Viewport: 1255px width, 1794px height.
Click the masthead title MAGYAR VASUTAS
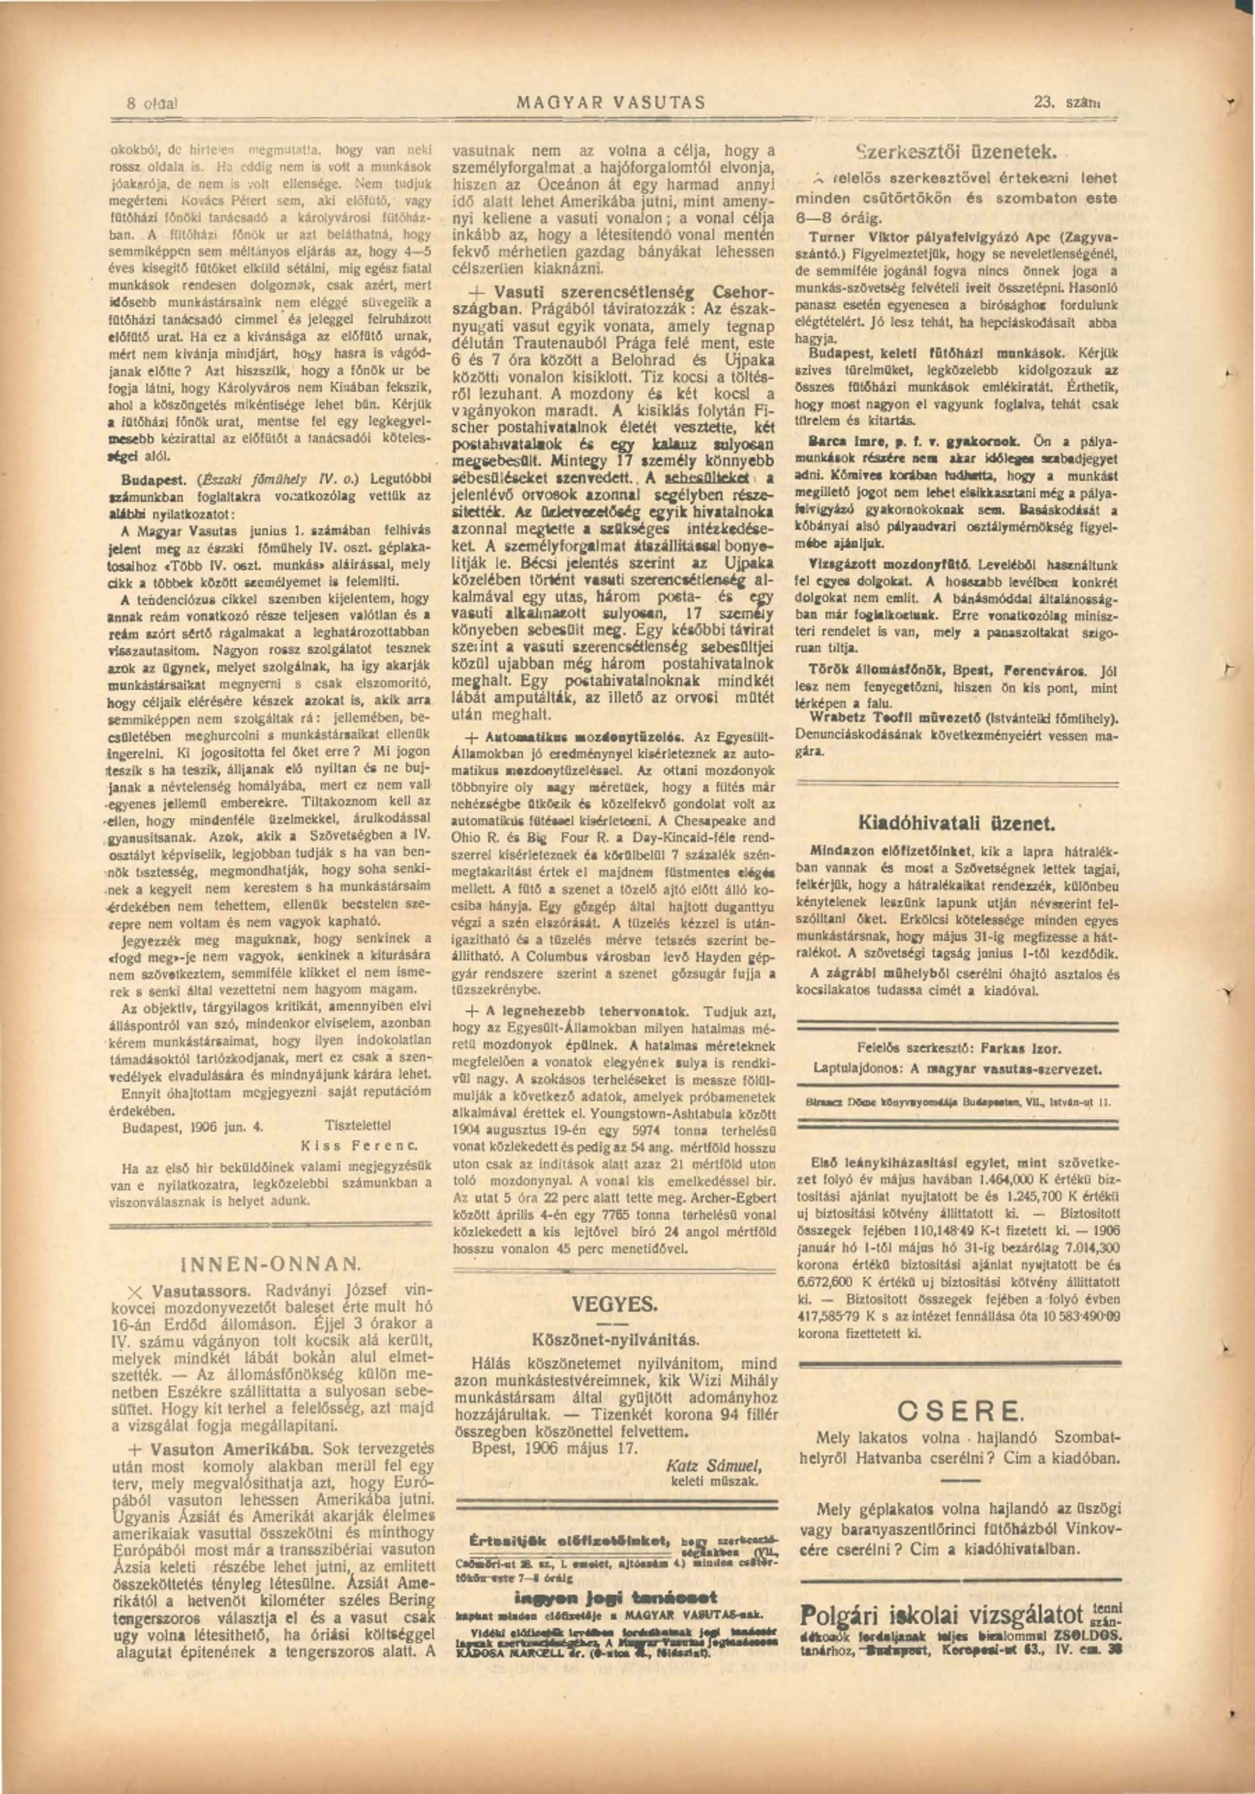click(x=611, y=103)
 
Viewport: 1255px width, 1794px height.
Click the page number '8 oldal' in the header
click(x=152, y=105)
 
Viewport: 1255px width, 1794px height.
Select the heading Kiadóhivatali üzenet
click(x=956, y=822)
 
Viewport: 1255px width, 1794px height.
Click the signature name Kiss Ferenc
click(x=359, y=1146)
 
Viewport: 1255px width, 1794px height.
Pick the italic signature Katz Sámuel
click(x=713, y=1465)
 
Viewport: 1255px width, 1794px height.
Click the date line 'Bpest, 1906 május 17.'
click(x=554, y=1448)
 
